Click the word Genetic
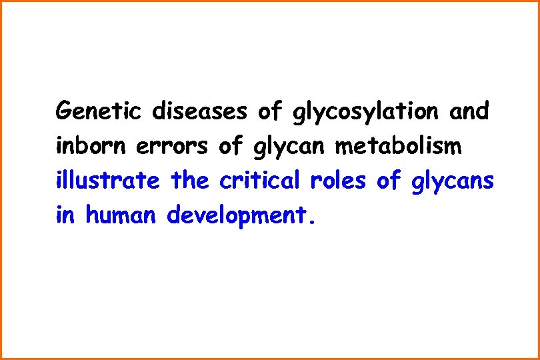97,110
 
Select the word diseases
199,110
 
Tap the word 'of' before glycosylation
271,110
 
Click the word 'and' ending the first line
469,110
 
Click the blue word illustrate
108,181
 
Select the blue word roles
345,181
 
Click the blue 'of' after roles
391,181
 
